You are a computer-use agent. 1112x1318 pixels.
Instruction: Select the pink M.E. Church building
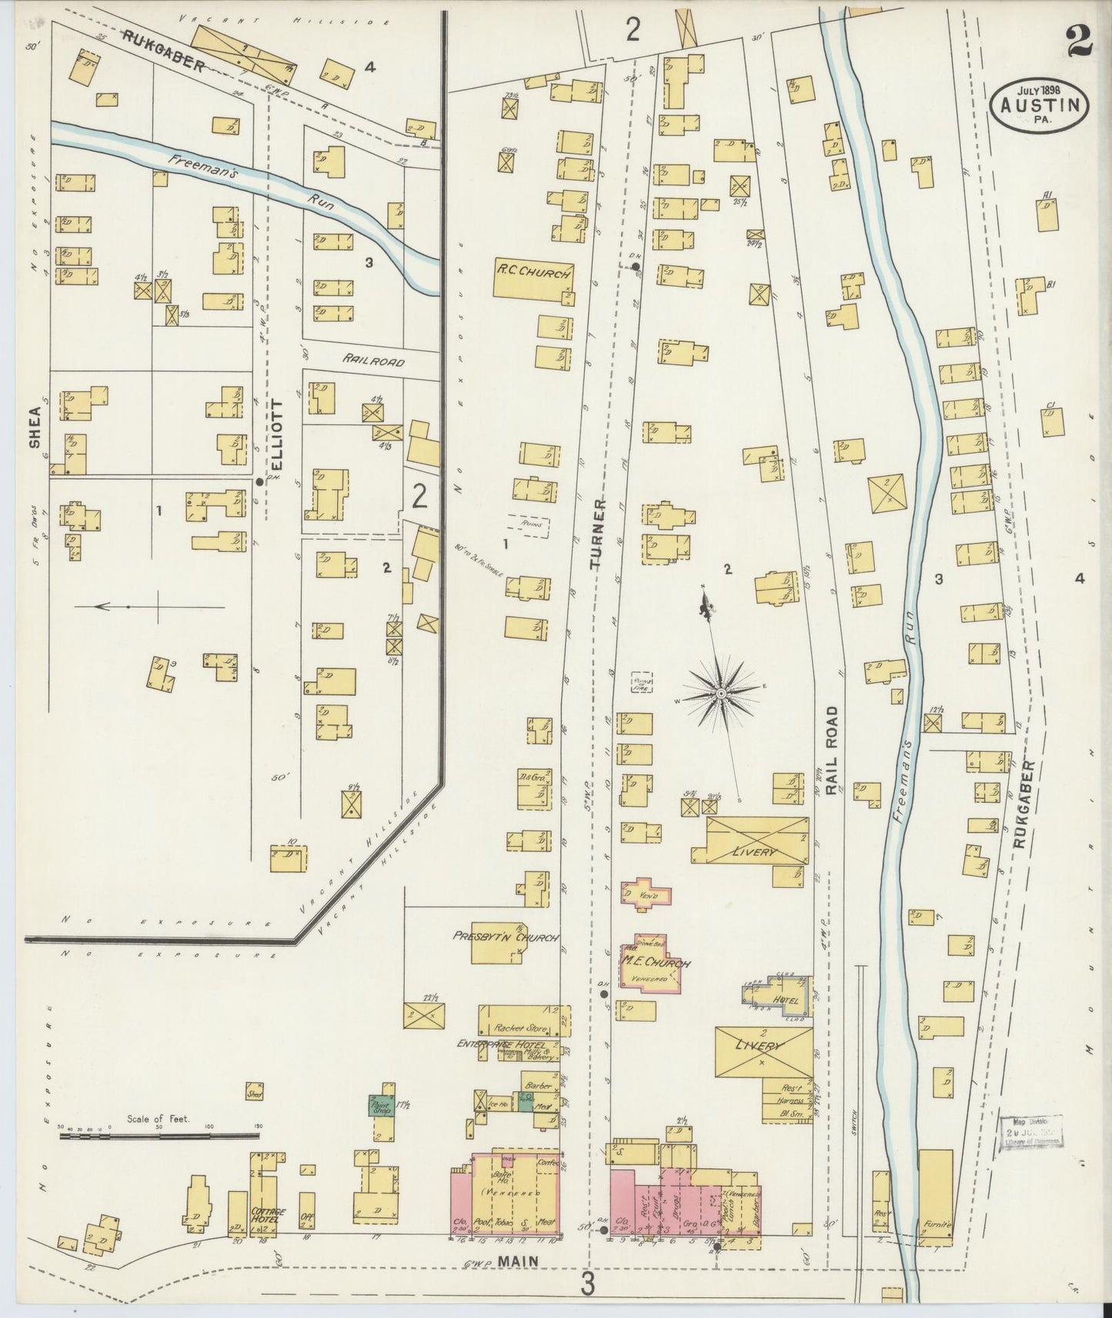(653, 964)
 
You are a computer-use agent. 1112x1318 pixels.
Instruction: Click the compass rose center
(721, 694)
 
